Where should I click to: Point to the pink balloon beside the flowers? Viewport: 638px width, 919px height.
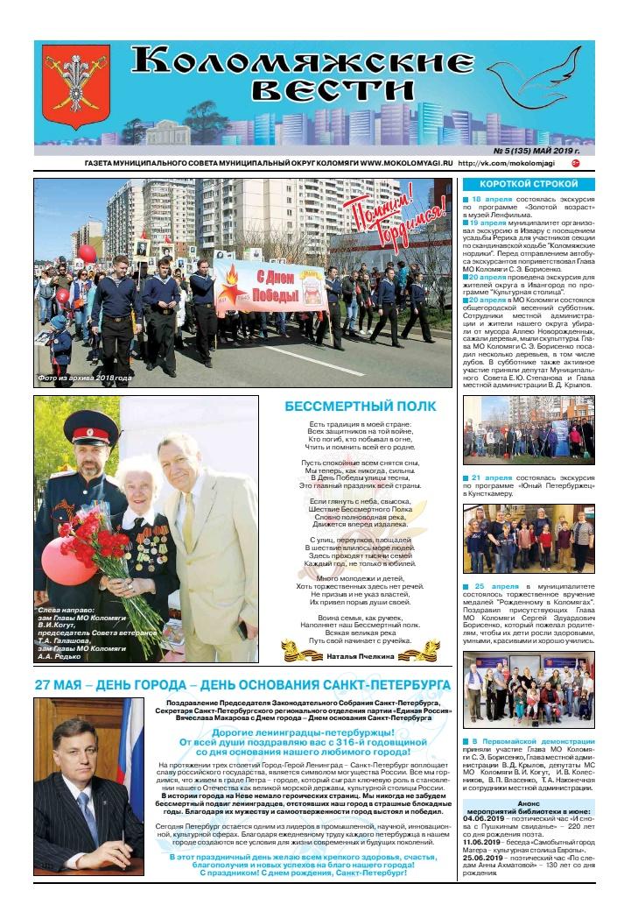[x=54, y=561]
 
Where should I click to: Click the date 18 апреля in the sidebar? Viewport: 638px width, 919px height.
[x=492, y=200]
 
